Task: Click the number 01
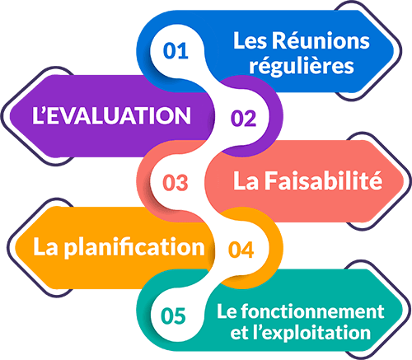point(176,51)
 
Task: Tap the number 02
point(244,119)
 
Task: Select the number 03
point(176,183)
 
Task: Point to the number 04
point(241,250)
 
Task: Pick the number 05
point(173,316)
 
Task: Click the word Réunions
point(321,40)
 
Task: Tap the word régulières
point(302,66)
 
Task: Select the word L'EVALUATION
point(111,115)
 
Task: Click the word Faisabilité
point(323,180)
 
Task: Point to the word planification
point(134,247)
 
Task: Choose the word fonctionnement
point(312,311)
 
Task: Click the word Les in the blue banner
point(250,41)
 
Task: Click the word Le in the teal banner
point(227,311)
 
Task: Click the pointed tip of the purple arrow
point(10,115)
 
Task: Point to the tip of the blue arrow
point(394,51)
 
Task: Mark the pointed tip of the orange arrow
point(15,247)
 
